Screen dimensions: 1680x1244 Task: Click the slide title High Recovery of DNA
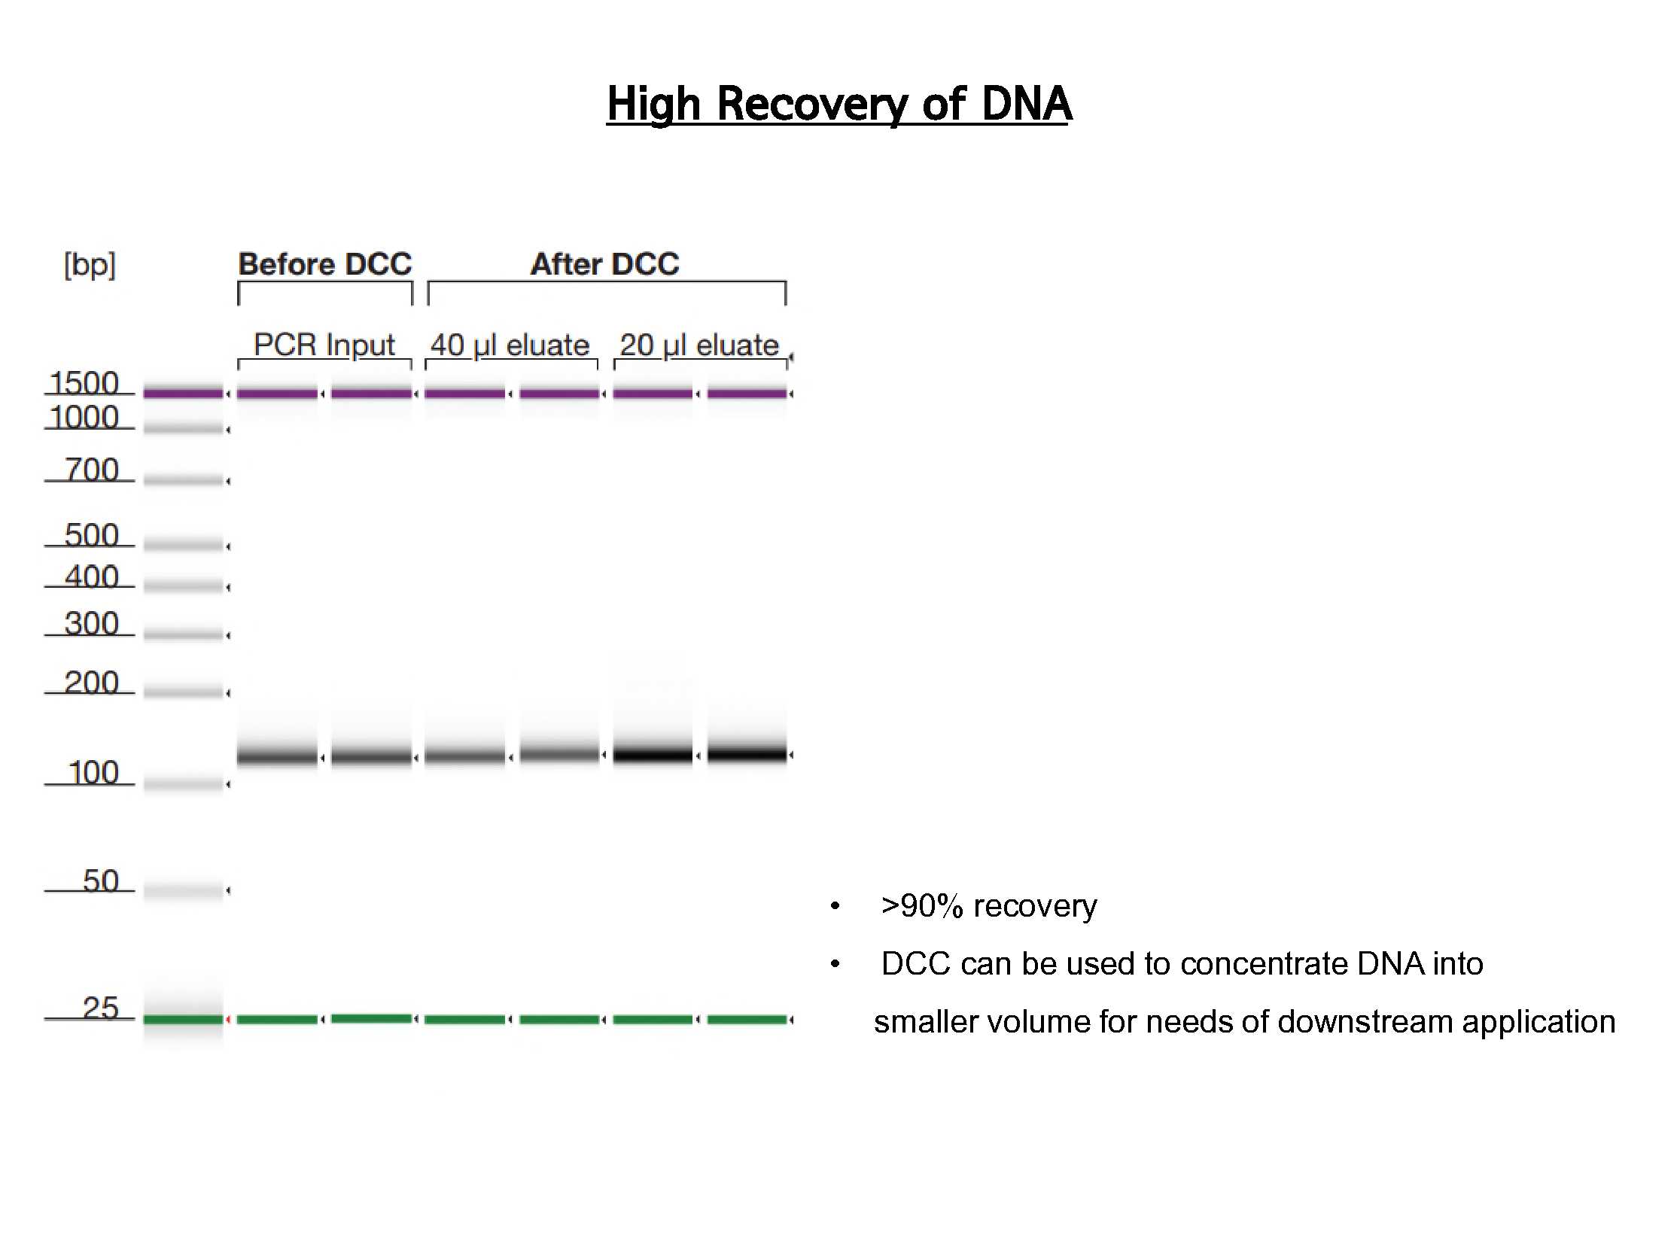(838, 103)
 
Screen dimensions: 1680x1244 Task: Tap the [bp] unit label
(90, 265)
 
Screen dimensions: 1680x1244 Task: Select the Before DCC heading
(325, 263)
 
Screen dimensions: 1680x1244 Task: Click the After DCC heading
(604, 263)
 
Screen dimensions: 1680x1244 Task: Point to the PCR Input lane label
(324, 345)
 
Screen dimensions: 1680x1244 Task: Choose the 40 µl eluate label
(510, 345)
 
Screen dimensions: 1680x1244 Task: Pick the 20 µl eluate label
(698, 345)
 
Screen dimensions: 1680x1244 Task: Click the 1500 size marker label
(84, 382)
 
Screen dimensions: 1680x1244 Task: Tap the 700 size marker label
(92, 469)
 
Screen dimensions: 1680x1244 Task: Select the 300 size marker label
(92, 624)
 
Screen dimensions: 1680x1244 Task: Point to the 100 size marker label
(93, 773)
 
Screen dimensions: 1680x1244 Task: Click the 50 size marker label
(101, 881)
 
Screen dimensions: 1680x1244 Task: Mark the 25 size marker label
(101, 1008)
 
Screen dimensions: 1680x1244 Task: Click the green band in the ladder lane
(183, 1020)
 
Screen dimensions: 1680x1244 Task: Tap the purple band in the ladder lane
(183, 392)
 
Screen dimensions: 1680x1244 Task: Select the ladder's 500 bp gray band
(183, 544)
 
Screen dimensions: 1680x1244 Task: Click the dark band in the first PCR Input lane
(277, 756)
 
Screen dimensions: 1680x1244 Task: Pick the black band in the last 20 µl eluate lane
(747, 753)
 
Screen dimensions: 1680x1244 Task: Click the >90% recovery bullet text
(989, 906)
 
